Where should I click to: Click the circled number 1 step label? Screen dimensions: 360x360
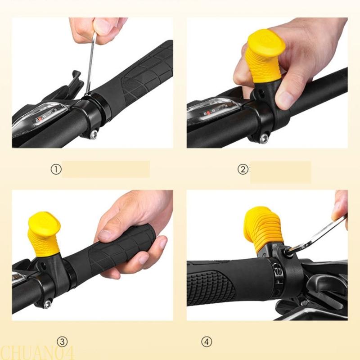click(55, 170)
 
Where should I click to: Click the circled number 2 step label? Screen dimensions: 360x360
click(243, 170)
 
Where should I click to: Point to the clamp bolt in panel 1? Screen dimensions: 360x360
click(93, 134)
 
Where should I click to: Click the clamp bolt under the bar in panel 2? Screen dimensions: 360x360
click(263, 139)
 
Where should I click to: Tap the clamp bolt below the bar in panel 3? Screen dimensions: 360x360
click(47, 304)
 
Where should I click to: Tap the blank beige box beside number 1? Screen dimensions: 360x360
click(106, 169)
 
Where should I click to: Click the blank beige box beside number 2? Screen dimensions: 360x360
click(280, 172)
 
